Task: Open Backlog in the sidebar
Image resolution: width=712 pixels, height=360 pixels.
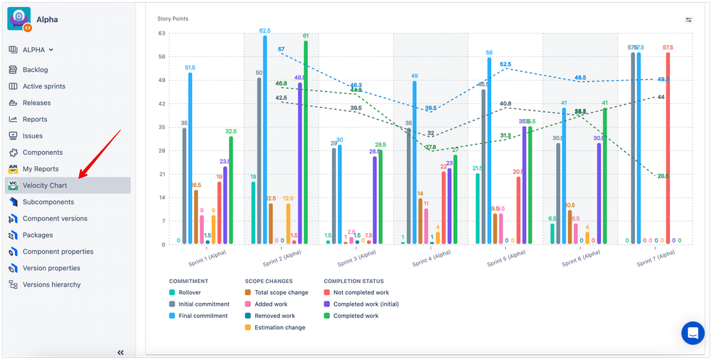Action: (35, 70)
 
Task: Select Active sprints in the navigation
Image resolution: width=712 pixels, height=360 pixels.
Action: (43, 86)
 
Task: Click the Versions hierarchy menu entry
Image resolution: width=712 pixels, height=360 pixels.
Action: (51, 284)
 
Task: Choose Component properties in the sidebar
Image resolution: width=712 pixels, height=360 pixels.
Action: (58, 252)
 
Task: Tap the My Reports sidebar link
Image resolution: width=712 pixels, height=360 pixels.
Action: (40, 169)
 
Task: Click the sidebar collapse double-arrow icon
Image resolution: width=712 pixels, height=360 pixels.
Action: (120, 352)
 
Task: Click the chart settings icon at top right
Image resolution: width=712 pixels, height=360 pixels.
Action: (688, 20)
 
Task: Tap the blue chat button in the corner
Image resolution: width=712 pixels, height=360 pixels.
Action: (691, 333)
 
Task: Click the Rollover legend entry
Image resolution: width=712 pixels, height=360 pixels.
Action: (189, 292)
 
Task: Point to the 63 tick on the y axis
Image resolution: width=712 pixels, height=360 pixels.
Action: (161, 33)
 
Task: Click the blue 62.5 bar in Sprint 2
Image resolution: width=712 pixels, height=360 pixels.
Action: (264, 140)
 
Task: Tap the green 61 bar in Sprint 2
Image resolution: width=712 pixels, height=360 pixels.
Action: (306, 143)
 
